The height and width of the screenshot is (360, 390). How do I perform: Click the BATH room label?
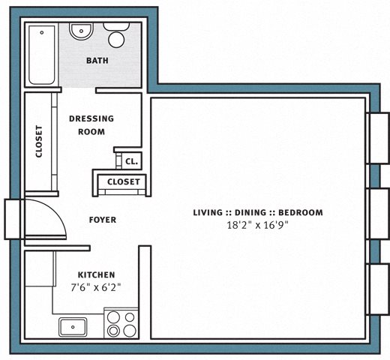pos(97,61)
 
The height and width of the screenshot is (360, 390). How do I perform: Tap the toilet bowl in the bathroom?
pos(116,40)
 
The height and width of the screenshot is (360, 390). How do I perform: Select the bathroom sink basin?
pos(81,31)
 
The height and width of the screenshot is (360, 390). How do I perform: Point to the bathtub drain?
pos(42,32)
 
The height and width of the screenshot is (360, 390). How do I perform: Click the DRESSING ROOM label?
pos(91,125)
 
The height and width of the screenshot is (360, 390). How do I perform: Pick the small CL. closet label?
pos(131,161)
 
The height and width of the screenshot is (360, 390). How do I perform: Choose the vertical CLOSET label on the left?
pos(39,142)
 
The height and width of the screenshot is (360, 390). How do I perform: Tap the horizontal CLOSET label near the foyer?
pos(124,181)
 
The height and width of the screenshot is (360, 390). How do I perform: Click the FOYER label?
pos(103,220)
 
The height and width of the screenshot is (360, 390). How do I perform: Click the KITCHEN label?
pos(96,275)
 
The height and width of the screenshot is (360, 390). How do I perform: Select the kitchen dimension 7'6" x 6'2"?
pos(96,288)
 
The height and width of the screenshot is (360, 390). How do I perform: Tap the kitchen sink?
pos(73,327)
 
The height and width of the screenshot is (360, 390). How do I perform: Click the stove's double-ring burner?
pos(113,331)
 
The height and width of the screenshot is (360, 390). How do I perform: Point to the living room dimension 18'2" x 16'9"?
pos(257,225)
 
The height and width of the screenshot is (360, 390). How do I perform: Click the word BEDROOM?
pos(301,212)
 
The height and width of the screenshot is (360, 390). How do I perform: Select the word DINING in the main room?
pos(250,212)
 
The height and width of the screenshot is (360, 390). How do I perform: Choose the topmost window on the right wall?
pos(378,138)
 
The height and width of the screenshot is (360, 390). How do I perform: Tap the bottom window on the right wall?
pos(378,289)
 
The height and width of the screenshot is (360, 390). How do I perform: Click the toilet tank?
pos(116,26)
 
